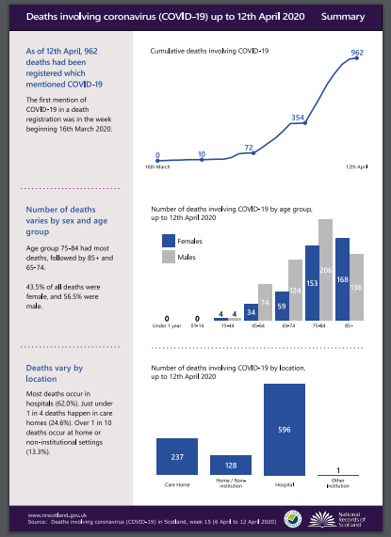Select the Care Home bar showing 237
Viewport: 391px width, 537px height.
point(177,458)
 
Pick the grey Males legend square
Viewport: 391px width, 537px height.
point(170,257)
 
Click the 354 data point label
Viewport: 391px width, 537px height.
point(297,118)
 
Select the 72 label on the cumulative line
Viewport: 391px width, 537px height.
point(250,148)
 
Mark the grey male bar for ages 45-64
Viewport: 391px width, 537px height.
point(265,302)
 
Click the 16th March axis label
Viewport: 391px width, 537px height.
point(157,166)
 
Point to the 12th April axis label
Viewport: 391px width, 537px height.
point(357,166)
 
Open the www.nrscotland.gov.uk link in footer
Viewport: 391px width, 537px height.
point(52,514)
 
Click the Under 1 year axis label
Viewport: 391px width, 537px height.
point(166,329)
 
